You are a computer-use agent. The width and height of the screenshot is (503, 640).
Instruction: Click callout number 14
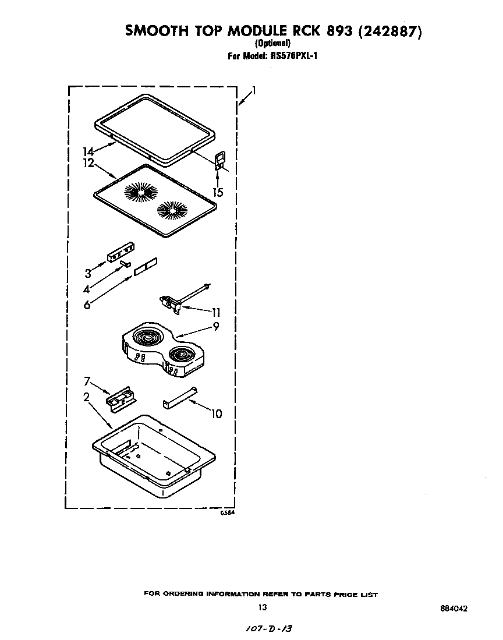[88, 152]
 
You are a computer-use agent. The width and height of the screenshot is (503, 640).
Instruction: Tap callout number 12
[88, 163]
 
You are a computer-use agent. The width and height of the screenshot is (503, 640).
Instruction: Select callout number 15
[219, 192]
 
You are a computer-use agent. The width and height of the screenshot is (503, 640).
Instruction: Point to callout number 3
[88, 273]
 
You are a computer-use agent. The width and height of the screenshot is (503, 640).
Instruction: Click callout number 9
[216, 326]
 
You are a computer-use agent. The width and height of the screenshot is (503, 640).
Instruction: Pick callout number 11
[216, 312]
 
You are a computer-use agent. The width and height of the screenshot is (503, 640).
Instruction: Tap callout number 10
[217, 414]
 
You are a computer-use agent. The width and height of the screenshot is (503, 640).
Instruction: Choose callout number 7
[87, 381]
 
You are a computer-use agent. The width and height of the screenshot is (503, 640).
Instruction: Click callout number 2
[86, 397]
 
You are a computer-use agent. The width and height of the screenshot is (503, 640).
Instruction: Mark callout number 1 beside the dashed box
[254, 90]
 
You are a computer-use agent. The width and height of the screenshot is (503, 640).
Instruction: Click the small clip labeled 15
[219, 160]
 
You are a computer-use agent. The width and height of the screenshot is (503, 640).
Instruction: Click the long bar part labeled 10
[180, 397]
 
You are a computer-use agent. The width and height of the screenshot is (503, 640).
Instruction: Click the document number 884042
[454, 608]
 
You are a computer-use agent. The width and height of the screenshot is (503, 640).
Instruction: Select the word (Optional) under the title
[272, 43]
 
